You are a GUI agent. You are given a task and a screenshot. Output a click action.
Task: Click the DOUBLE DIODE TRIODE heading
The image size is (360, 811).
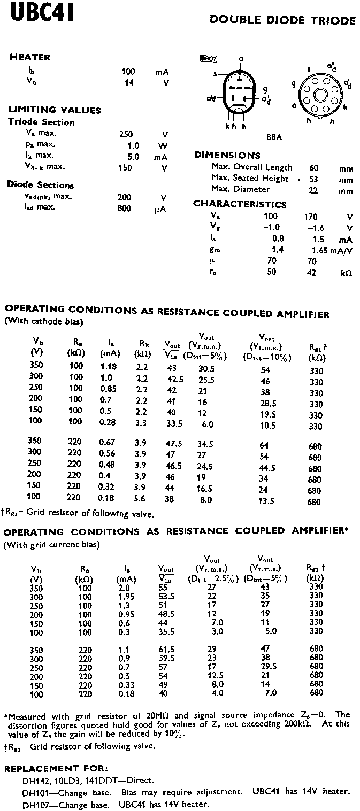(282, 21)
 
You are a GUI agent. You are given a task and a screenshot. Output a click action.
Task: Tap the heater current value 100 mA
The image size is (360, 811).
(128, 72)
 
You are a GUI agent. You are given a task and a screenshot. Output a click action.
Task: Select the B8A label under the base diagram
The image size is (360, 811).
(274, 137)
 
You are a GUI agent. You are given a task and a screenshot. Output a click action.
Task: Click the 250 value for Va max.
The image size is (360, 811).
(126, 134)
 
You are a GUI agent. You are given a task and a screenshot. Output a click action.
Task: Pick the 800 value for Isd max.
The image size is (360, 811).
(124, 208)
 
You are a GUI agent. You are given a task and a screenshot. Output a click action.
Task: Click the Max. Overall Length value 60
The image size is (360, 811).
(314, 168)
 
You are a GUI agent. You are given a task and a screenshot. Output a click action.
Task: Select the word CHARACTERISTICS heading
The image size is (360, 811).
(240, 204)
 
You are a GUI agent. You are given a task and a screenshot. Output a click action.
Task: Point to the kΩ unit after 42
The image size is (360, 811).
(346, 273)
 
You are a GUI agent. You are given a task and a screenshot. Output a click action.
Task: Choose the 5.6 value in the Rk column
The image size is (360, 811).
(141, 500)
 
